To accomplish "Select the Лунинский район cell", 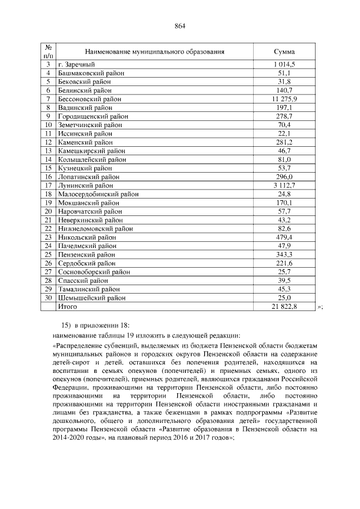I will tap(85, 186).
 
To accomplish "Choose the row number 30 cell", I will tap(48, 298).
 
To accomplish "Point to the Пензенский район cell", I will tap(86, 255).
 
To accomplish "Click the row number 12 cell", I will tap(48, 142).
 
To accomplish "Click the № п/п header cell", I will tap(48, 51).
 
